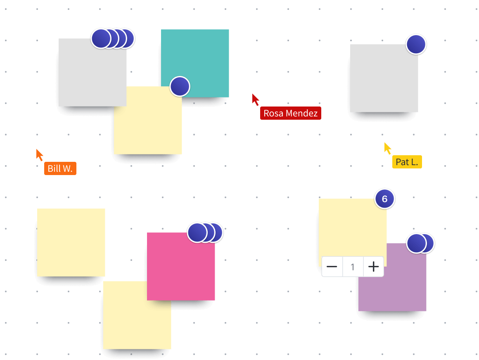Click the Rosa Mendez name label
pos(290,113)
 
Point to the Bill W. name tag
pos(60,168)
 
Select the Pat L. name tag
pos(407,162)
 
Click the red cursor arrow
pos(256,99)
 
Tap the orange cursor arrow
pos(40,154)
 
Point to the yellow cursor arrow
pos(387,148)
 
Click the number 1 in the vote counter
pos(353,267)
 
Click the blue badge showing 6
pos(384,199)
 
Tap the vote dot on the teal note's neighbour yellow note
pos(180,86)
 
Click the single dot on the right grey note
pos(416,44)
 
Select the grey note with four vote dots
pos(87,74)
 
